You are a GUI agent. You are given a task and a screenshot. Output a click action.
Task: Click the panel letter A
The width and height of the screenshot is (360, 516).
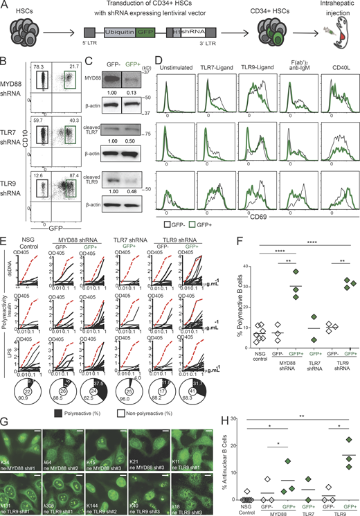click(6, 6)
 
